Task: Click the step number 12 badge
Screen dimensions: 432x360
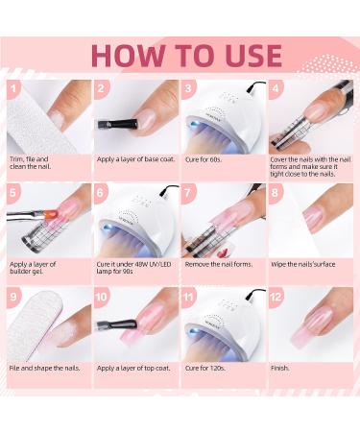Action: pos(276,299)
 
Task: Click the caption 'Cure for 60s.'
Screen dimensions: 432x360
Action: pos(204,156)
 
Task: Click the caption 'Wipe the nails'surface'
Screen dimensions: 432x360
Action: pos(303,262)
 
